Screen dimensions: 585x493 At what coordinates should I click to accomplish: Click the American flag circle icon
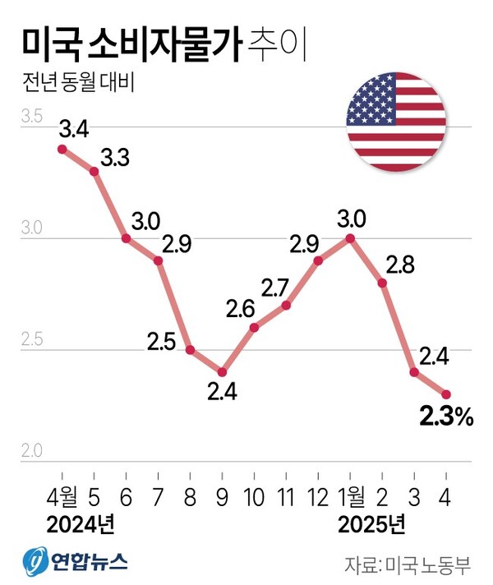pyautogui.click(x=396, y=122)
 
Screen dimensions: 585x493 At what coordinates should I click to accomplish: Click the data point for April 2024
pyautogui.click(x=62, y=149)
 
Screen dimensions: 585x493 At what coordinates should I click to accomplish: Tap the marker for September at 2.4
pyautogui.click(x=222, y=372)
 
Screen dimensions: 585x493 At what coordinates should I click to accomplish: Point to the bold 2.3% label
pyautogui.click(x=446, y=418)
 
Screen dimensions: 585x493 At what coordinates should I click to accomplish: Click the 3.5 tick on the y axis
pyautogui.click(x=31, y=118)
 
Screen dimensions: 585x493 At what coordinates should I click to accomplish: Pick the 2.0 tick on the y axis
pyautogui.click(x=31, y=450)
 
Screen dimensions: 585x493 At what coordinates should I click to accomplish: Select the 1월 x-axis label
pyautogui.click(x=351, y=495)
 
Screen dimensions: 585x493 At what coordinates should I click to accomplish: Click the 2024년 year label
pyautogui.click(x=80, y=523)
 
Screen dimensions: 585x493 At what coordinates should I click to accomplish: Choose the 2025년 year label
pyautogui.click(x=371, y=523)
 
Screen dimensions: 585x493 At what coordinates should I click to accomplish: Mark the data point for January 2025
pyautogui.click(x=351, y=238)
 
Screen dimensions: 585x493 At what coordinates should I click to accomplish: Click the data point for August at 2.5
pyautogui.click(x=190, y=350)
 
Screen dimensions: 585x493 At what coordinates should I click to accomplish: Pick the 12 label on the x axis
pyautogui.click(x=318, y=495)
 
